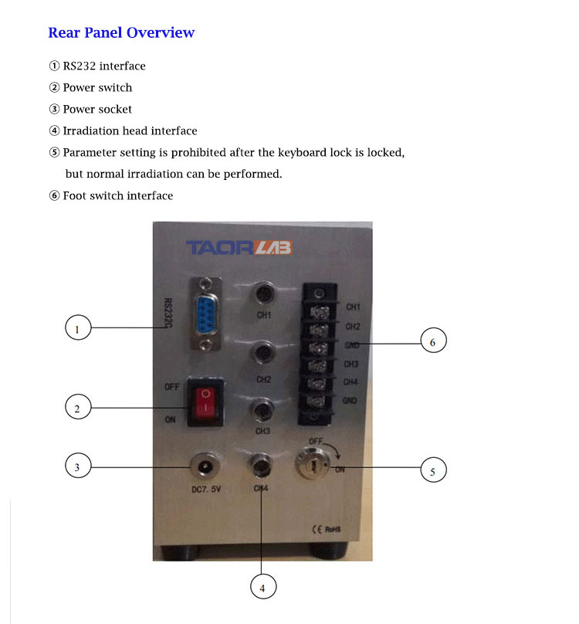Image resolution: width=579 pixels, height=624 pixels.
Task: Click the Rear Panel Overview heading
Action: (x=121, y=32)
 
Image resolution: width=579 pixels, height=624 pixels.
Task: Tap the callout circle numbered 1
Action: (x=77, y=330)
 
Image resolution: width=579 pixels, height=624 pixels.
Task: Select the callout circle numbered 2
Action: (x=77, y=408)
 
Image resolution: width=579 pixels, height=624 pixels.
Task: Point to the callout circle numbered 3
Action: (x=77, y=467)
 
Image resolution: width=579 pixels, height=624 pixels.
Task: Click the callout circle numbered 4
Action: (x=262, y=588)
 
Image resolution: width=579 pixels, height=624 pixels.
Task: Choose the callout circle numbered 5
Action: (x=433, y=470)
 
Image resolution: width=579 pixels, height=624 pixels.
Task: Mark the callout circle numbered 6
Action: (x=433, y=341)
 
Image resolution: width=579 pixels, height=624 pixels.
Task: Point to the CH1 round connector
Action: (x=264, y=294)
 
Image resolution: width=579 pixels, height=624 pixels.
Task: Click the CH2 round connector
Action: (x=264, y=357)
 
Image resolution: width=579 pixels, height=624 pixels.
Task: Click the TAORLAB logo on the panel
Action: (x=237, y=248)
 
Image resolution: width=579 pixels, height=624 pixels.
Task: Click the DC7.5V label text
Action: (x=206, y=490)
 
